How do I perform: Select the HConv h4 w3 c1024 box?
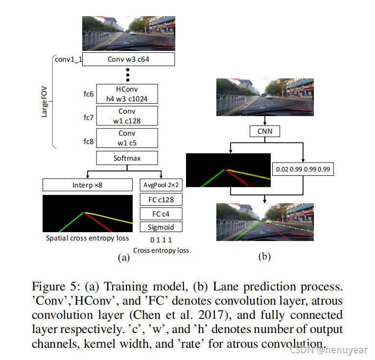[127, 94]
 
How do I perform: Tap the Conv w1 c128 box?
[127, 116]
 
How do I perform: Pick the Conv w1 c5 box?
[127, 138]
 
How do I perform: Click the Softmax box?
[127, 158]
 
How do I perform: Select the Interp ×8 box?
[88, 185]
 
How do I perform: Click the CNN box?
[264, 131]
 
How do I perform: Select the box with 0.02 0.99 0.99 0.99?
[303, 169]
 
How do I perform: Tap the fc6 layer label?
[88, 94]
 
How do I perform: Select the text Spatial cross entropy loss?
[88, 239]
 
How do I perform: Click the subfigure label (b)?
[264, 256]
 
